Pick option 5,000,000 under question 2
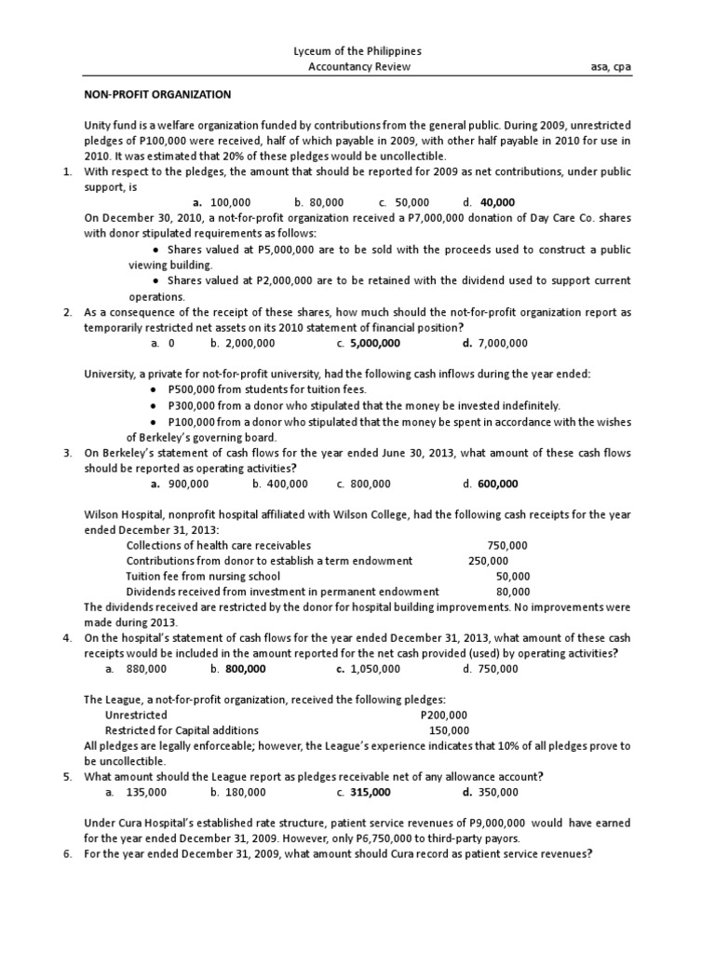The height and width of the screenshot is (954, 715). pyautogui.click(x=374, y=343)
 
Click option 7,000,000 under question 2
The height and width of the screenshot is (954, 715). pyautogui.click(x=501, y=343)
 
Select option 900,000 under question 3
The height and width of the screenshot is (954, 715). pyautogui.click(x=186, y=484)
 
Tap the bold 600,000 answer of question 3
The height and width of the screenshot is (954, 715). pyautogui.click(x=498, y=484)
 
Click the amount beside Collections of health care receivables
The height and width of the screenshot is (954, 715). pyautogui.click(x=507, y=545)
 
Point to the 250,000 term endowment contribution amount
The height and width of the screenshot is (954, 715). pyautogui.click(x=488, y=561)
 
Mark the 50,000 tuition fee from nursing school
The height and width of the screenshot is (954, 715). pyautogui.click(x=513, y=576)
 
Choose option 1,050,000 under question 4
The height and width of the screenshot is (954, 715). pyautogui.click(x=375, y=669)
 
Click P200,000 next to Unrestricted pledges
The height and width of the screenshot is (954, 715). pyautogui.click(x=445, y=715)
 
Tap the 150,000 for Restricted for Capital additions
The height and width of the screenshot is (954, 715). pyautogui.click(x=449, y=730)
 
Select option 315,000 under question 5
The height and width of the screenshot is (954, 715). pyautogui.click(x=370, y=792)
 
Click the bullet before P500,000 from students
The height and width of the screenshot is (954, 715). pyautogui.click(x=153, y=389)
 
